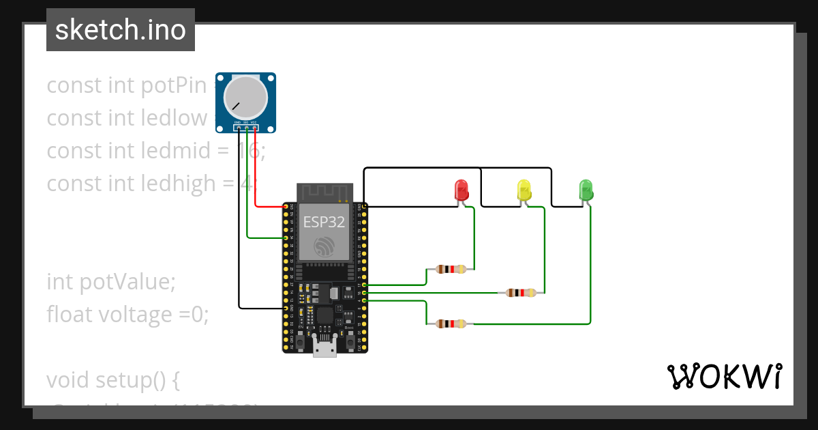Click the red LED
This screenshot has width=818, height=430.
coord(461,189)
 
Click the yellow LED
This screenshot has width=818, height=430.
coord(524,189)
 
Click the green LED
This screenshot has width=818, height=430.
coord(586,189)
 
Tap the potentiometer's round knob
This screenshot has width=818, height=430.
coord(245,97)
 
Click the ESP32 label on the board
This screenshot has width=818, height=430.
coord(324,222)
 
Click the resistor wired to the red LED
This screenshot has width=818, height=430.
coord(451,270)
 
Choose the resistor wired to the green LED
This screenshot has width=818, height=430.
coord(451,324)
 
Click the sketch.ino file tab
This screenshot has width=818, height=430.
coord(121,30)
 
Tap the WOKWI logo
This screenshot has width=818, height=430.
coord(724,376)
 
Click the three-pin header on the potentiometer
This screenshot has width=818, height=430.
coord(246,127)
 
